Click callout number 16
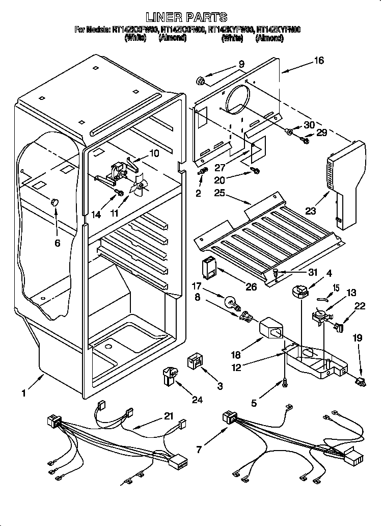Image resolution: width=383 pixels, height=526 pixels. (x=319, y=61)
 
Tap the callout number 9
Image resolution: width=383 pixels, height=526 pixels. (x=241, y=64)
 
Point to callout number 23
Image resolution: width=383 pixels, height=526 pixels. (x=310, y=209)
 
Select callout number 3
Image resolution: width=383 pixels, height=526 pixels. (x=220, y=386)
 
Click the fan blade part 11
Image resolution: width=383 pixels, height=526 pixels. (x=139, y=188)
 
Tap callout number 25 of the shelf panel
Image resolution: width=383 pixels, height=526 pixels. (x=220, y=193)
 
